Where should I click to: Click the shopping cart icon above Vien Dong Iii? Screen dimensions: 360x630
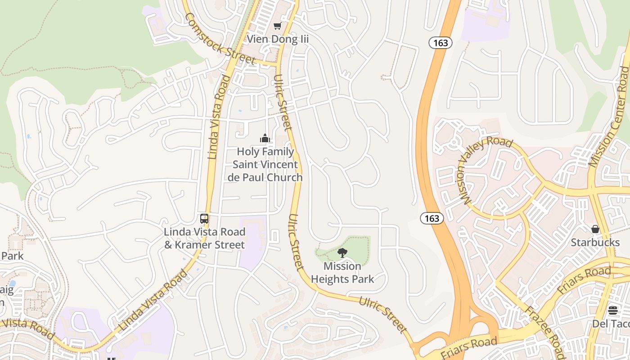[278, 26]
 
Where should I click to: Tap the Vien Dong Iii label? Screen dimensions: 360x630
[278, 39]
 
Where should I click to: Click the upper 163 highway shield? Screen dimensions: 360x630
[440, 43]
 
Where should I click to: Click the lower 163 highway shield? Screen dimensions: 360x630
[432, 218]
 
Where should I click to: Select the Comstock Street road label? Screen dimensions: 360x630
[220, 39]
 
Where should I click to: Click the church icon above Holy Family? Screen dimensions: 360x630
[265, 138]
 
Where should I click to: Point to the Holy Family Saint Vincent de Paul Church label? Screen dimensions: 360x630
[265, 165]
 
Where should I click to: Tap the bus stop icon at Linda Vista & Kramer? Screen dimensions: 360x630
[204, 219]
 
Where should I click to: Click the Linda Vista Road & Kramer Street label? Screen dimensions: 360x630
[205, 238]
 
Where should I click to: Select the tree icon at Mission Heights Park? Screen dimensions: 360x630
[342, 253]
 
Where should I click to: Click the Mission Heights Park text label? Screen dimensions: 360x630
[342, 273]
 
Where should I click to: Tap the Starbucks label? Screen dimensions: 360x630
[595, 243]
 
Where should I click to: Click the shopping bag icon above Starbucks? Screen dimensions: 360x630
[595, 229]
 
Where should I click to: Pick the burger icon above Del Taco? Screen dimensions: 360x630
[612, 310]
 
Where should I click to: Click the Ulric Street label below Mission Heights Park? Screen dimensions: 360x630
[383, 314]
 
